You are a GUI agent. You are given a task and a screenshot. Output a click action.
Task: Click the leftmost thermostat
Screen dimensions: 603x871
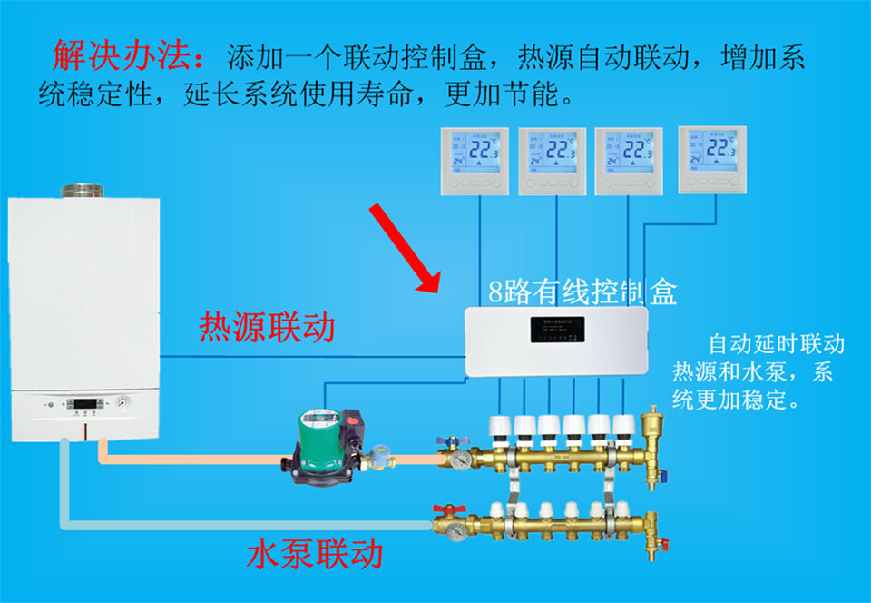click(x=475, y=161)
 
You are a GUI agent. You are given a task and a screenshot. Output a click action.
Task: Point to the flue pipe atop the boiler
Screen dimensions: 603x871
click(x=82, y=193)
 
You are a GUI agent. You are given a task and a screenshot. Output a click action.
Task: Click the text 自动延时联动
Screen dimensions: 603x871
click(x=777, y=344)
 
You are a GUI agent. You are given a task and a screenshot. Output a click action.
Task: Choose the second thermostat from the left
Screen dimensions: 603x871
click(x=553, y=161)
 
